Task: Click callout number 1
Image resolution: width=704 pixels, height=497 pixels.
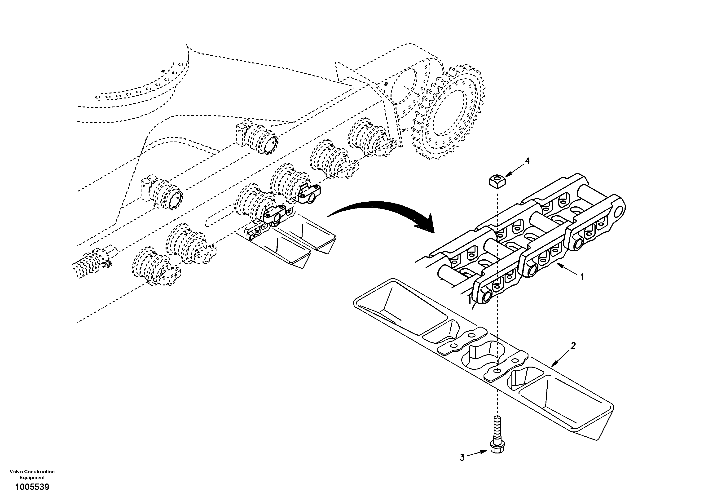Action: click(581, 277)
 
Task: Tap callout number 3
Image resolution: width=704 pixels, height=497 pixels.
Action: click(462, 466)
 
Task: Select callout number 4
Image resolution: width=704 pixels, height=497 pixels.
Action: click(527, 161)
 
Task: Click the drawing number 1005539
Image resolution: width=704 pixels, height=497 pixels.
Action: click(32, 487)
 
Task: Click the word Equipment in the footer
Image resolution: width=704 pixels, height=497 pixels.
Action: click(32, 477)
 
